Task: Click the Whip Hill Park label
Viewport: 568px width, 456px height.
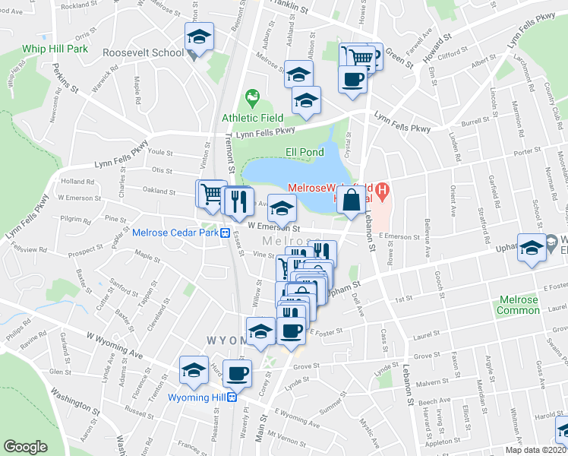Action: [x=44, y=49]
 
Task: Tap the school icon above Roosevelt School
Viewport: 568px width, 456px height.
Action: [x=199, y=36]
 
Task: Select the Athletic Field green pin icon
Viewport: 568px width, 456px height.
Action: [x=251, y=98]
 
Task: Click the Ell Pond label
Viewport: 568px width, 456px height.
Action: [x=305, y=152]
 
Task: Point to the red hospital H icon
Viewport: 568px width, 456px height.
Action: [x=383, y=189]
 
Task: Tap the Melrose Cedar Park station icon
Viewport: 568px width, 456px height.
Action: [x=226, y=233]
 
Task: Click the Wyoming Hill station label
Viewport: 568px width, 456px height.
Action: [x=197, y=397]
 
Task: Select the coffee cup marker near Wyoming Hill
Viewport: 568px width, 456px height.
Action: [x=237, y=373]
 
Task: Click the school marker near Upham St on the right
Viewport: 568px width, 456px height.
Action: [x=532, y=247]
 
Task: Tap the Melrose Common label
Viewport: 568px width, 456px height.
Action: [x=519, y=305]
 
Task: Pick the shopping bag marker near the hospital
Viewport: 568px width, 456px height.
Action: [x=351, y=202]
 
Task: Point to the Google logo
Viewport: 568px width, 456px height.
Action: [x=25, y=447]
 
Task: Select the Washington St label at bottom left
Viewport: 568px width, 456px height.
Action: [x=76, y=400]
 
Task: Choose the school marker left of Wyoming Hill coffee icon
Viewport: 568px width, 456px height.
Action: [x=194, y=370]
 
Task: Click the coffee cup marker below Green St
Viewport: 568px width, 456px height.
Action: [x=352, y=78]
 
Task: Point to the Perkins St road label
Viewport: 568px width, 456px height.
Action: [x=65, y=78]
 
